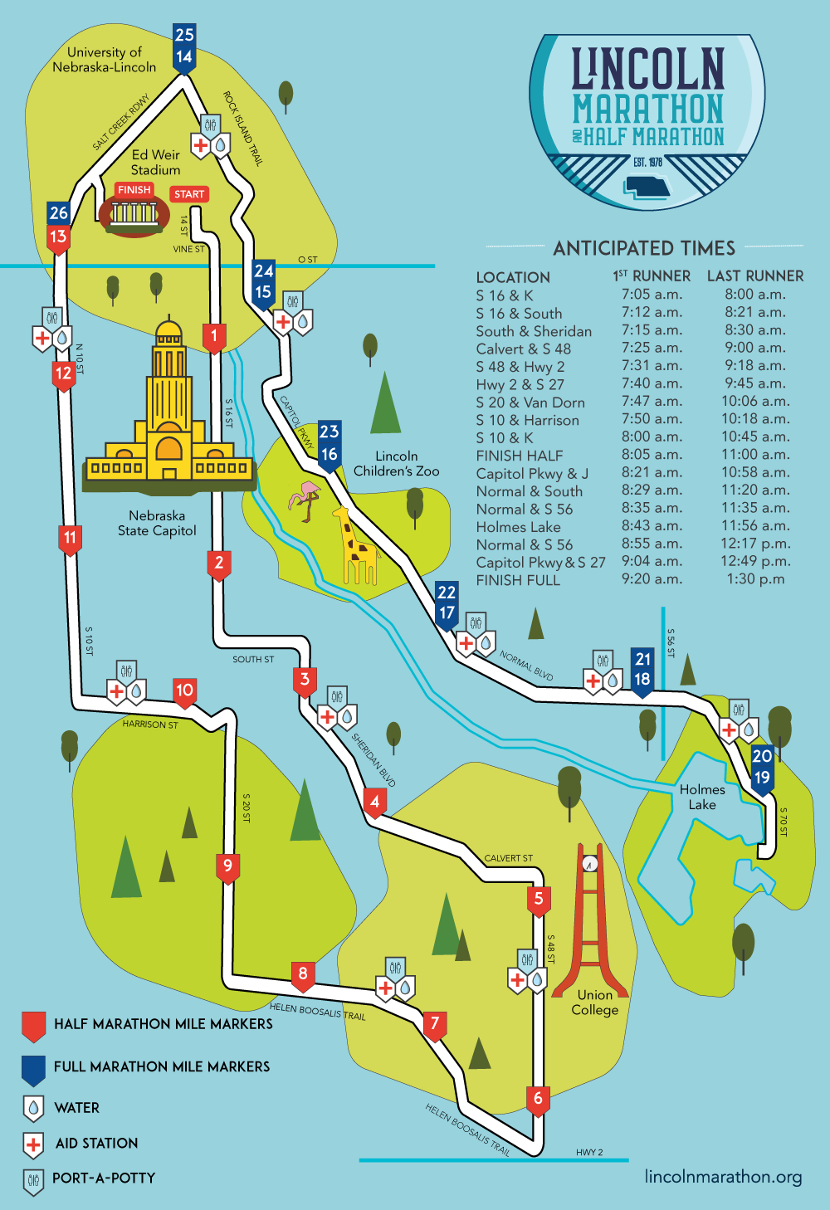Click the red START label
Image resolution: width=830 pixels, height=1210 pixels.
[x=189, y=194]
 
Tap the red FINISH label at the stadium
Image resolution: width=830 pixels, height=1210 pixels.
[x=134, y=190]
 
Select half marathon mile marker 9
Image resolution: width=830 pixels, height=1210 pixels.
[x=227, y=867]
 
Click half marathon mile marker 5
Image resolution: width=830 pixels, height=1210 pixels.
[x=539, y=900]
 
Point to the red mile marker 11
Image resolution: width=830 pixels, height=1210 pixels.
[x=70, y=539]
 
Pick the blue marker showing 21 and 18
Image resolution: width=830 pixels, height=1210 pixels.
[x=642, y=670]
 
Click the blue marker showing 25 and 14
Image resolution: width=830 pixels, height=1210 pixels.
[x=184, y=46]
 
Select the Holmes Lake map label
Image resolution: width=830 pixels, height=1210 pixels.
[x=702, y=797]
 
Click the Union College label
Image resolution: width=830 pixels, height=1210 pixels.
[x=595, y=1002]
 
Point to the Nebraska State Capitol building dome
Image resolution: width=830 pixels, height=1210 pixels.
[x=168, y=332]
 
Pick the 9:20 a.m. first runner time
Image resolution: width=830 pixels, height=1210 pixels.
[x=652, y=579]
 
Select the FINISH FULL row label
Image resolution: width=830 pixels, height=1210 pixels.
[x=518, y=580]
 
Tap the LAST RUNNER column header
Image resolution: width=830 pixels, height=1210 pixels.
[x=754, y=276]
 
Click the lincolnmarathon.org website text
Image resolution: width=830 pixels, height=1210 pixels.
[x=723, y=1177]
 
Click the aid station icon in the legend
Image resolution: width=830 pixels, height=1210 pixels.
[x=33, y=1144]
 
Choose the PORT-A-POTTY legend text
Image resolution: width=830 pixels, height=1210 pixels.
[x=104, y=1178]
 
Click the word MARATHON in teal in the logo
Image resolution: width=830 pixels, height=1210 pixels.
[x=648, y=109]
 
